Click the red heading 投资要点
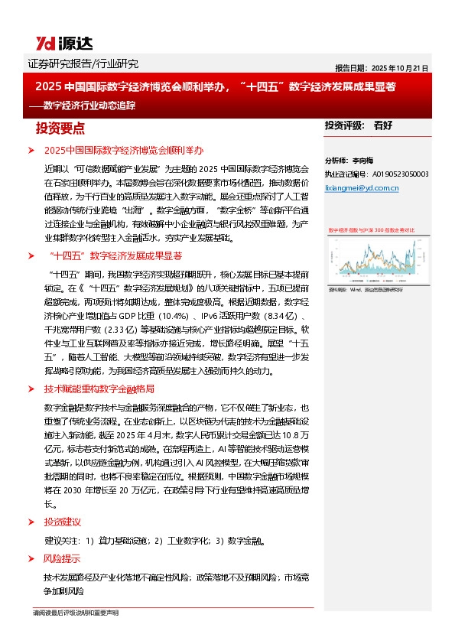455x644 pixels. [56, 126]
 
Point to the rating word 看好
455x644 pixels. [383, 125]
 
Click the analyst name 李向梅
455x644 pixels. [363, 161]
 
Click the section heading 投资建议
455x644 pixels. [61, 522]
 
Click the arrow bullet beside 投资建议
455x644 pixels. [31, 522]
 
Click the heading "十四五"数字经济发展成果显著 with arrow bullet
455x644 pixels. [115, 255]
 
